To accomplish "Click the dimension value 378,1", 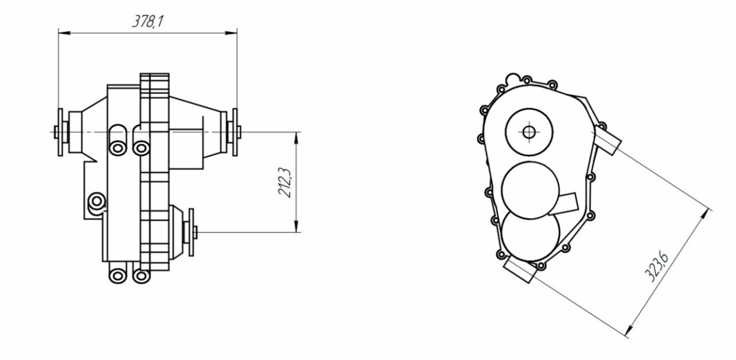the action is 148,22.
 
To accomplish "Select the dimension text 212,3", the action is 284,183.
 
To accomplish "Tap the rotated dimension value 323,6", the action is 656,267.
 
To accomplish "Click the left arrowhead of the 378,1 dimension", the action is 64,33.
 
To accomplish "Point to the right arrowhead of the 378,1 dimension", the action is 231,33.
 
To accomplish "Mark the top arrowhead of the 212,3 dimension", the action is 296,138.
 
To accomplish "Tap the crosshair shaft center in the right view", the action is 528,132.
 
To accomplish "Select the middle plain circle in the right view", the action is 530,190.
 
